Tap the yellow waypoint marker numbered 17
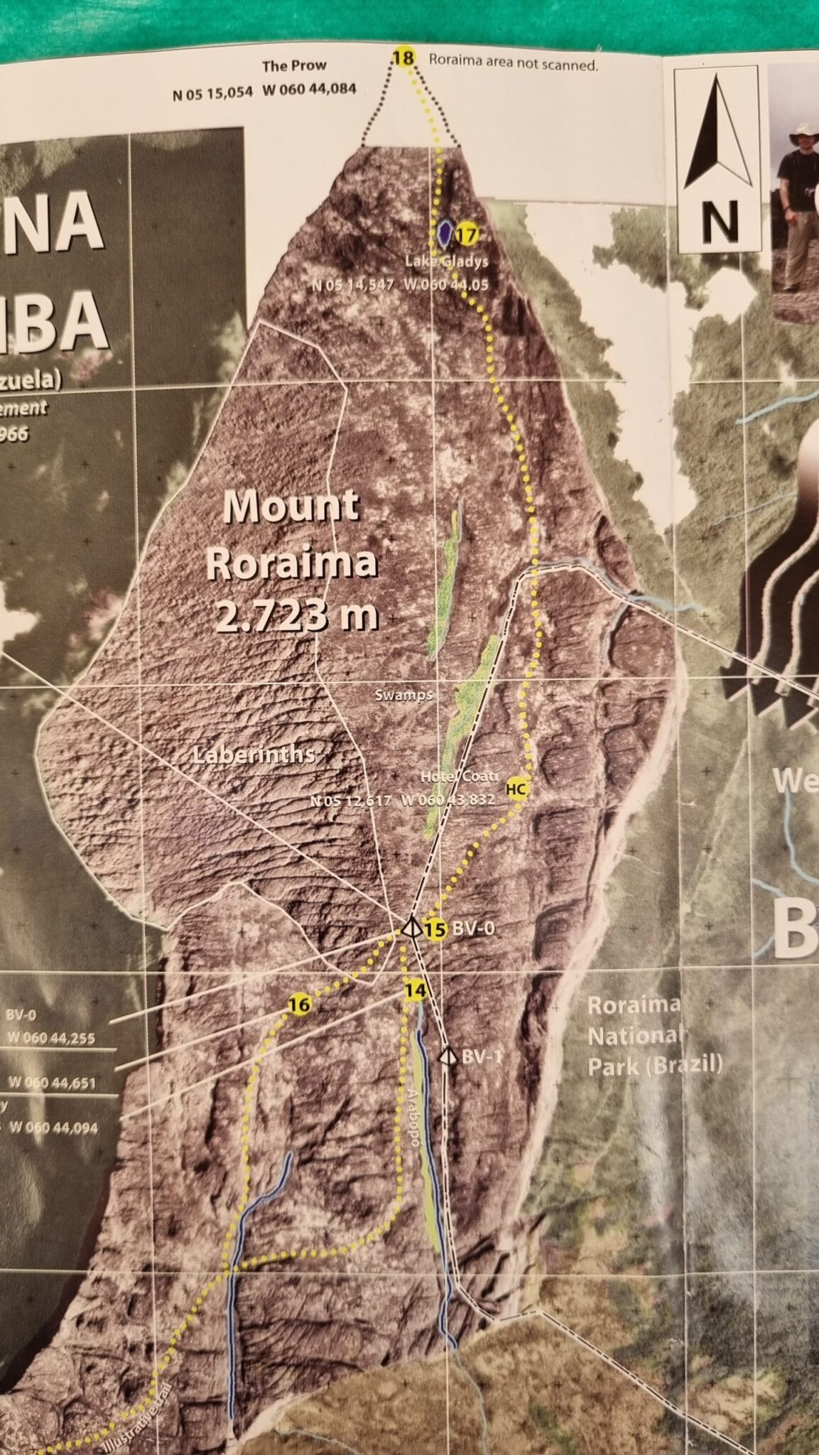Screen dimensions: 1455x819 point(465,233)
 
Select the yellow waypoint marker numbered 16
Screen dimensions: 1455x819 point(300,1005)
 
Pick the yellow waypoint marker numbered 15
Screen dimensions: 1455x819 point(435,929)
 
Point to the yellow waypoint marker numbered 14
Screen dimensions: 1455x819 point(416,990)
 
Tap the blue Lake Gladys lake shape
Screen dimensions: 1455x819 point(445,231)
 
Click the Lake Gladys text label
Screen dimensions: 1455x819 point(447,261)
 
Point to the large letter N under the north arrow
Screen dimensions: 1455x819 point(719,221)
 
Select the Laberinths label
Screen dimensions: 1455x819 point(254,754)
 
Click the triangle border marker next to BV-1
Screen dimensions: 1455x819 point(447,1056)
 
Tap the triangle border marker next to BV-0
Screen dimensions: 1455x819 point(410,927)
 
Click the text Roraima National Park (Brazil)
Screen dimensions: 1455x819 point(654,1034)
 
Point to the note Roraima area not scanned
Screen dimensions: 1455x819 point(513,63)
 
